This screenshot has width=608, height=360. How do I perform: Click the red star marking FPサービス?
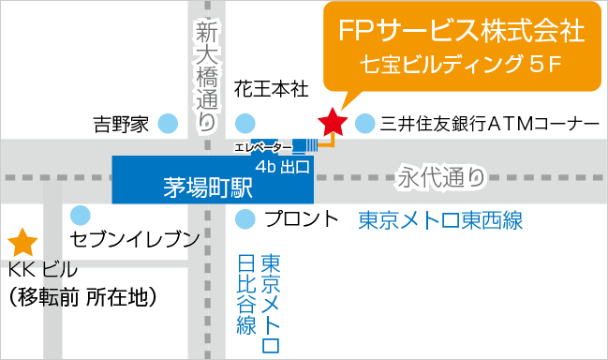coord(331,121)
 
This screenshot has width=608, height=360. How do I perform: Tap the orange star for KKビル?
coord(22,244)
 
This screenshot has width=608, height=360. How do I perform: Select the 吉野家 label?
coord(121,123)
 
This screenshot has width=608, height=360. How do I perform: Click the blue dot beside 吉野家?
coord(169,122)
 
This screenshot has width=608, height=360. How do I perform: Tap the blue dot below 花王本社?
coord(245,122)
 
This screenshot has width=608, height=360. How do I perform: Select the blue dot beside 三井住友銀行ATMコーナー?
coord(365,122)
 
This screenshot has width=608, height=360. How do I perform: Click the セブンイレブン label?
coord(135,238)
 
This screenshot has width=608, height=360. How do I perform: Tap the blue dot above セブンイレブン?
coord(82,214)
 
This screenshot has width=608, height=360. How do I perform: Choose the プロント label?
coord(301,219)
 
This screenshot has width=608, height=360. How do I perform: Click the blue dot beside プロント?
coord(245,219)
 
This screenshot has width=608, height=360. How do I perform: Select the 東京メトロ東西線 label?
coord(440,220)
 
